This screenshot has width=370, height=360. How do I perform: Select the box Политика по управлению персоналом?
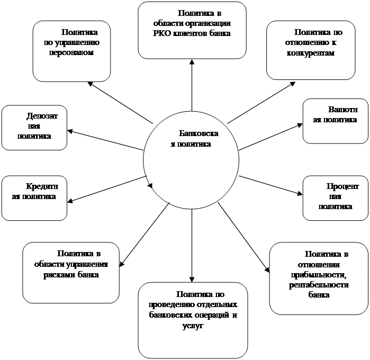tap(72, 51)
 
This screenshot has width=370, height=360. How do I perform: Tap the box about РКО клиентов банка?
tap(192, 30)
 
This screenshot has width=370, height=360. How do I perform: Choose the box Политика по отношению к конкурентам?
tap(311, 50)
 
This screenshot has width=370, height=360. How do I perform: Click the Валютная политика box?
tap(335, 121)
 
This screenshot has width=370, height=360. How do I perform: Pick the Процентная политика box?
tap(335, 198)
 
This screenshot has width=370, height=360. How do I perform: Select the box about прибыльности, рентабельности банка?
tap(319, 278)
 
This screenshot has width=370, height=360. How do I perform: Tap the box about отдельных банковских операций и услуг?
tap(193, 320)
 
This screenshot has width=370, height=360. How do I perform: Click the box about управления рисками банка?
tap(71, 273)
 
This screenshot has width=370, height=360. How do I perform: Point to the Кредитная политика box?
tap(34, 198)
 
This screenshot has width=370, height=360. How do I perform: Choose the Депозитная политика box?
tap(34, 128)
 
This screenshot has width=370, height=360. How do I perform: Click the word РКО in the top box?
tap(161, 33)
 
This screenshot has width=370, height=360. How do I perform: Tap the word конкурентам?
tap(311, 53)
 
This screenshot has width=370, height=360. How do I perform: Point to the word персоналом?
tap(71, 52)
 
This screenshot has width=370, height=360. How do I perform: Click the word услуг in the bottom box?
tap(193, 326)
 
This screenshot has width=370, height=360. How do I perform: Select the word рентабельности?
tap(319, 285)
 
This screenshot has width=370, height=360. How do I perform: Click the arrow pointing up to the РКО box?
tap(192, 85)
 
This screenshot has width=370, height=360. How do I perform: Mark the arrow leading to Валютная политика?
tap(270, 137)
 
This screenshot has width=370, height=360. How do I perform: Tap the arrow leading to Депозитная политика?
tap(105, 140)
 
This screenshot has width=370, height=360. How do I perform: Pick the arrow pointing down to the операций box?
tap(192, 246)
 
